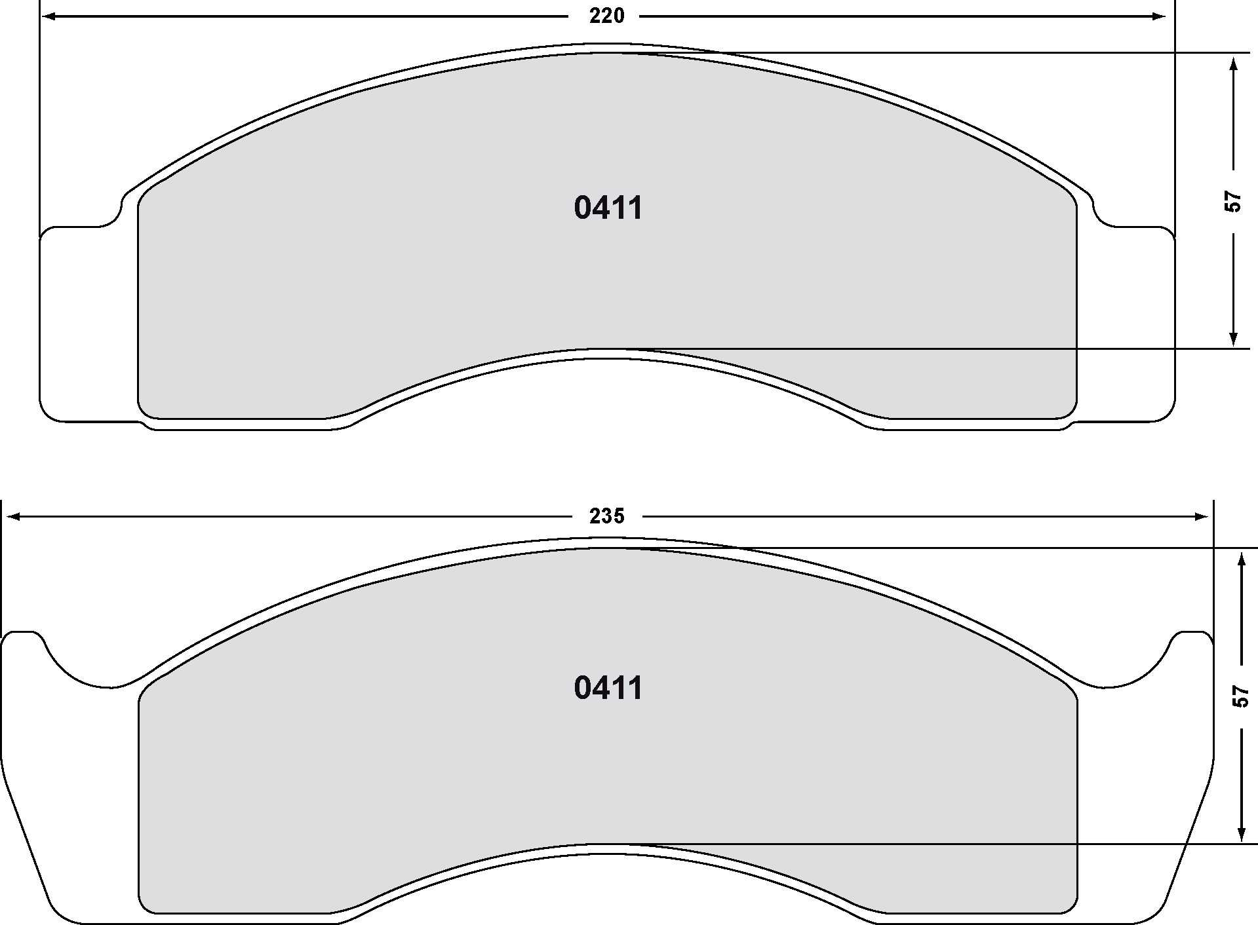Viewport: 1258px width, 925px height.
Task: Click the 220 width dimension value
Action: click(606, 16)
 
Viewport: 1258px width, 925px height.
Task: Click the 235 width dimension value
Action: click(606, 517)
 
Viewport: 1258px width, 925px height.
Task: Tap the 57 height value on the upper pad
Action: click(1233, 200)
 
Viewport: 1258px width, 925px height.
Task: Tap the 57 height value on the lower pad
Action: click(1240, 696)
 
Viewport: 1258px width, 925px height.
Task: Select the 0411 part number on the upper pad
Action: click(608, 208)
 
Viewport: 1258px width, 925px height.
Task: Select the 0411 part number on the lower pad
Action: click(608, 689)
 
